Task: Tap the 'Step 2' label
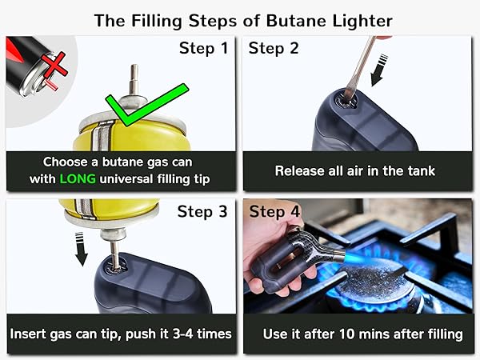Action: (x=274, y=49)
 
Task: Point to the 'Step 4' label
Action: (x=274, y=212)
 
